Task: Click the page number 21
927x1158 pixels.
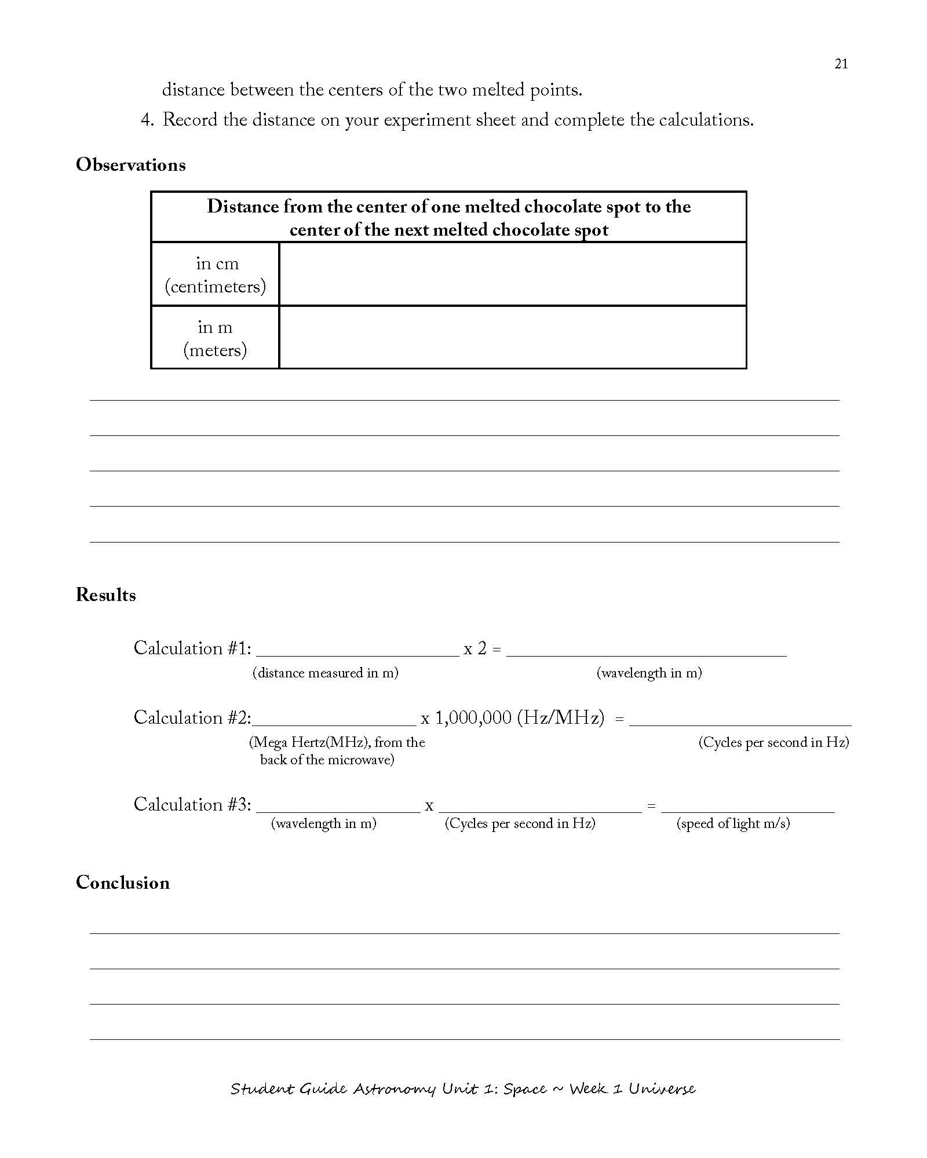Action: [x=841, y=64]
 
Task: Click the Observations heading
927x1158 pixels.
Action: [x=131, y=165]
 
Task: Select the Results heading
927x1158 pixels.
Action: [x=106, y=595]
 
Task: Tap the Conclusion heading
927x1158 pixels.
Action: [x=123, y=882]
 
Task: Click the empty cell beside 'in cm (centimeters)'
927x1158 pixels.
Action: [x=512, y=274]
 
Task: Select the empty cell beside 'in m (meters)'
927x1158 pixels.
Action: [x=512, y=337]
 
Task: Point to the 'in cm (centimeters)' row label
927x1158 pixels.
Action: [x=216, y=274]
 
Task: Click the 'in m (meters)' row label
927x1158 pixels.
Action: [x=216, y=338]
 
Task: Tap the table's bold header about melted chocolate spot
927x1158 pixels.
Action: [x=449, y=218]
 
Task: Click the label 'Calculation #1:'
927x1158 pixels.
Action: [x=193, y=648]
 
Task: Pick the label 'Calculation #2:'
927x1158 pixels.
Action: [x=193, y=718]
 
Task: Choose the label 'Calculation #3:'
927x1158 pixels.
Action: [x=193, y=805]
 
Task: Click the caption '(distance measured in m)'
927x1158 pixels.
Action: [x=326, y=673]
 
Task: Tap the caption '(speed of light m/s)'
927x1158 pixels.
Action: [x=733, y=823]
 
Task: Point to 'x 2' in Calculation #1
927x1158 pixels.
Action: [x=475, y=649]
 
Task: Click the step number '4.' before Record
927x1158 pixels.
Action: [x=147, y=120]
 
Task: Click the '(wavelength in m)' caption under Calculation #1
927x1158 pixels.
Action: [x=649, y=673]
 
